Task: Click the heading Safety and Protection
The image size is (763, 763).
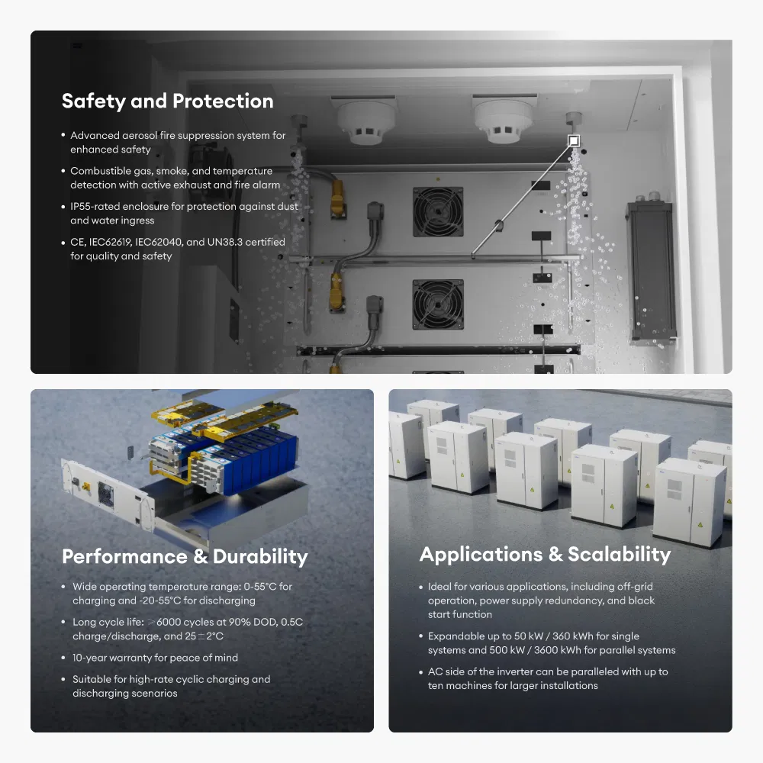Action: [167, 101]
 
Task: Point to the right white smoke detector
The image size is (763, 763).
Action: [504, 121]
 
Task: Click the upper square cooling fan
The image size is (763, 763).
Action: [438, 211]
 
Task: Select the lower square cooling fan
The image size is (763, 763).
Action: [438, 304]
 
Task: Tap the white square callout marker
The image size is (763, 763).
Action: [574, 141]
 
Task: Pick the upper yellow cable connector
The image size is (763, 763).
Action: [336, 197]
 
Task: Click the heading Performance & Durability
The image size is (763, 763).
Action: [185, 557]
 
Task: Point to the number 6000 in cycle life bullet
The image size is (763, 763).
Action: [169, 622]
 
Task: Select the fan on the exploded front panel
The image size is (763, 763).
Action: [105, 494]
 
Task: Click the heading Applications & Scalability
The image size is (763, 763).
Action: [545, 554]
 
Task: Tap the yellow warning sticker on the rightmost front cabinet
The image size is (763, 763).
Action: [700, 525]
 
